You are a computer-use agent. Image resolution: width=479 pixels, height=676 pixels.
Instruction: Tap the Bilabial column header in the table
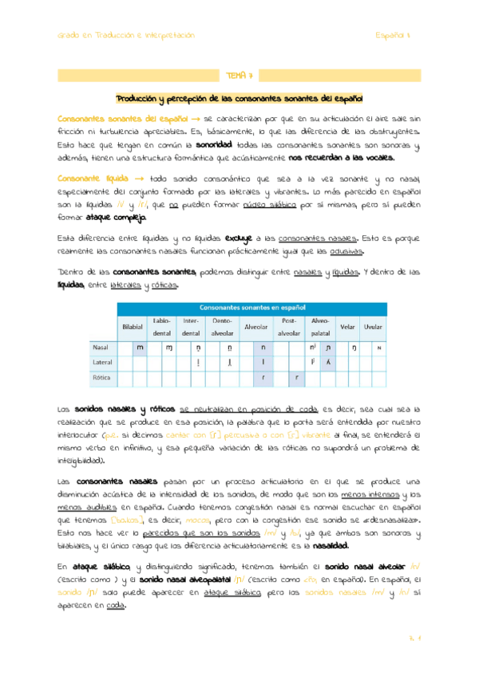pyautogui.click(x=132, y=327)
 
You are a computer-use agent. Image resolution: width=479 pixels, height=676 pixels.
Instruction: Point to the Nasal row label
pyautogui.click(x=101, y=348)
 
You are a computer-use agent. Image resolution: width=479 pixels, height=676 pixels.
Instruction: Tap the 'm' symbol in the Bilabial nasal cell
pyautogui.click(x=141, y=348)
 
